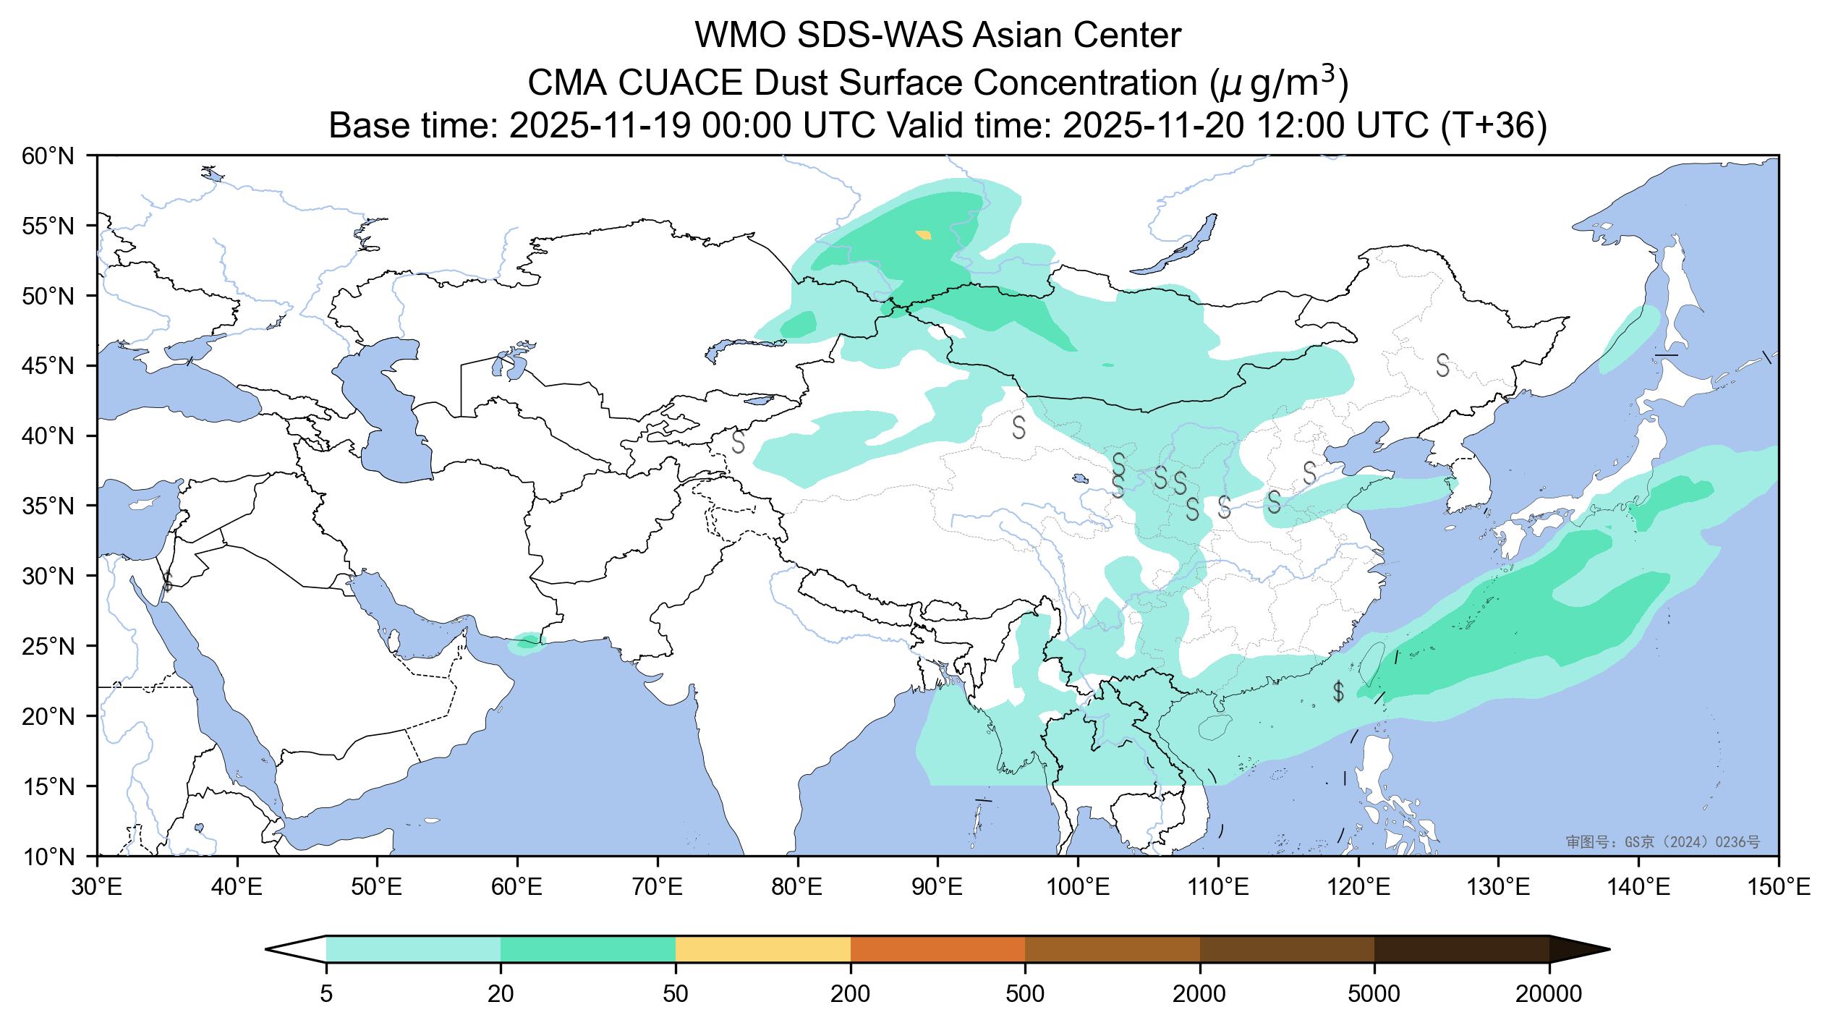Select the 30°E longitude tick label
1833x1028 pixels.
pyautogui.click(x=97, y=887)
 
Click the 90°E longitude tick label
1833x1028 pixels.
pyautogui.click(x=938, y=887)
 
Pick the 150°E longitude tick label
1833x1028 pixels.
pyautogui.click(x=1779, y=887)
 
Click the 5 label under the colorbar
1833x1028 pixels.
pyautogui.click(x=326, y=995)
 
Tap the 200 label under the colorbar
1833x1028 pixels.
pyautogui.click(x=851, y=995)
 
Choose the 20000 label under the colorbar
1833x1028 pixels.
pyautogui.click(x=1549, y=995)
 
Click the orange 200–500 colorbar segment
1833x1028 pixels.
pyautogui.click(x=937, y=949)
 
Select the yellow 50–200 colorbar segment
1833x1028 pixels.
pyautogui.click(x=762, y=949)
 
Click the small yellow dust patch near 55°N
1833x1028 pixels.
pyautogui.click(x=924, y=234)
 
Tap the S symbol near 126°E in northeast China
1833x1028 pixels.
pyautogui.click(x=1442, y=365)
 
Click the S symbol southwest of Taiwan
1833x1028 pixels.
pyautogui.click(x=1338, y=692)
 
